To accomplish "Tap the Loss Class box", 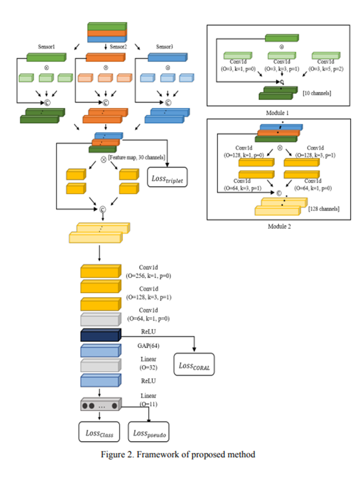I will pyautogui.click(x=100, y=432).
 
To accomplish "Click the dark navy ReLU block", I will pyautogui.click(x=101, y=336).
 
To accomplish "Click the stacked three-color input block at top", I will pyautogui.click(x=106, y=32).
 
